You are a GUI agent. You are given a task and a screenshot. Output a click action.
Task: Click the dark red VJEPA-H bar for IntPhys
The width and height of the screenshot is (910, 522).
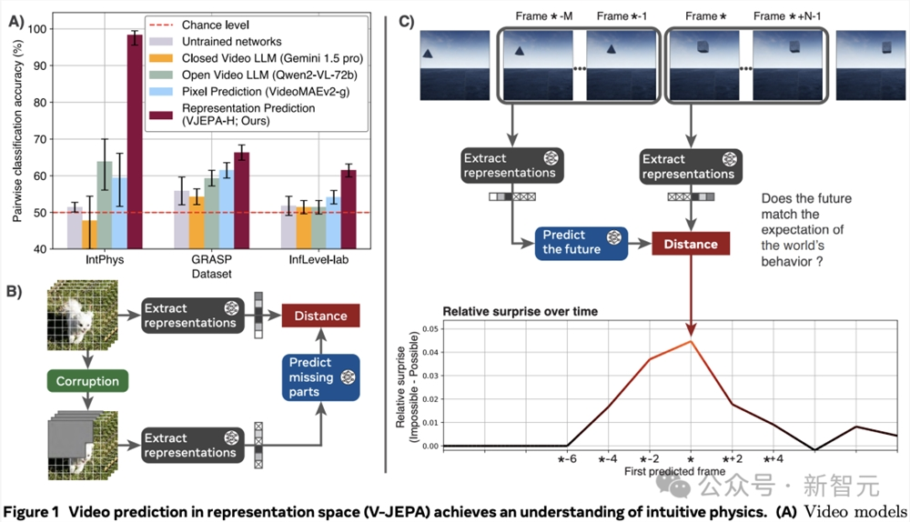coord(134,141)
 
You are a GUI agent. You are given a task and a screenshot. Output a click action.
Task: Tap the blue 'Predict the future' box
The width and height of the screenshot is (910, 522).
coord(581,244)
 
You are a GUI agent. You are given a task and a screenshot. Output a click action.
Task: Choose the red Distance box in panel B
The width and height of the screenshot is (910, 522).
coord(320,316)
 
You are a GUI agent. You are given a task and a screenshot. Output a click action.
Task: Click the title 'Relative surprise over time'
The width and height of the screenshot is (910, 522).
coord(519,311)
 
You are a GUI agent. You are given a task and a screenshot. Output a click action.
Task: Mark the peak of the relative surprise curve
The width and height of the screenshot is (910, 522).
coord(692,341)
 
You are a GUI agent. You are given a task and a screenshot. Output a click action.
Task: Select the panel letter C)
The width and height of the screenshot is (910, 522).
coord(408,18)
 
